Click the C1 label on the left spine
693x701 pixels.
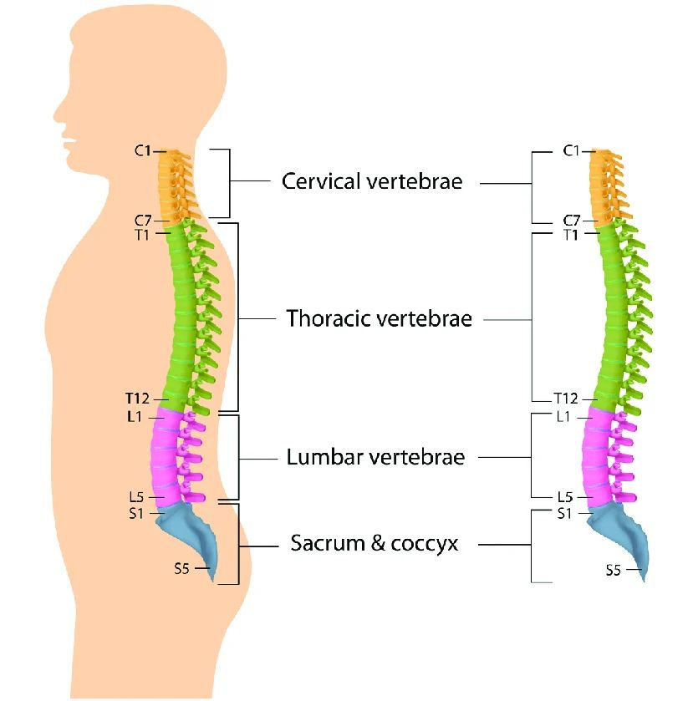(143, 151)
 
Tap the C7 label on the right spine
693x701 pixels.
(571, 221)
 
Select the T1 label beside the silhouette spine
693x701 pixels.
(142, 235)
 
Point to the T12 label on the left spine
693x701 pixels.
(137, 398)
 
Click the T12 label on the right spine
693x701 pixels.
(566, 398)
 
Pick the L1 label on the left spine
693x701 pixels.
(135, 417)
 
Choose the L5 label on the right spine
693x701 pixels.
(565, 496)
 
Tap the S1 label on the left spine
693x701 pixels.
(136, 514)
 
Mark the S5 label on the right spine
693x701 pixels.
(614, 570)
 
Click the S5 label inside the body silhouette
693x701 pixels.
(181, 569)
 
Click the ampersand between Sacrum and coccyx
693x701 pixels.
(378, 543)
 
